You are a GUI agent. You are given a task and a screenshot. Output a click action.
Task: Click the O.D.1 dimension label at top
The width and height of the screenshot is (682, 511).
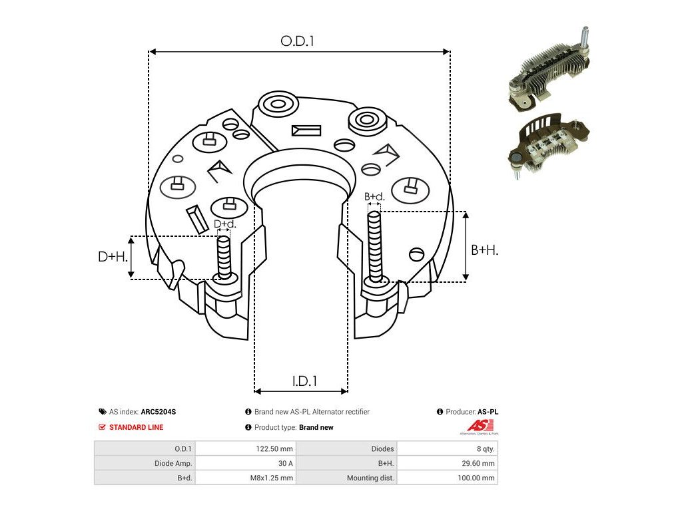297,41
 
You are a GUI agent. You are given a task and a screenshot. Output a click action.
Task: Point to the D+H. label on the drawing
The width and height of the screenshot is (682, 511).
113,256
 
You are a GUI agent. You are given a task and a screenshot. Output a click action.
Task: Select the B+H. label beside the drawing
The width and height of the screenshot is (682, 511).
485,250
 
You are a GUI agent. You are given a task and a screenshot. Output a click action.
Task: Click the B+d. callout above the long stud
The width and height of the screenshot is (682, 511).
375,197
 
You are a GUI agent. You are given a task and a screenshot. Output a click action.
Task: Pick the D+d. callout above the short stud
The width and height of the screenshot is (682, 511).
224,224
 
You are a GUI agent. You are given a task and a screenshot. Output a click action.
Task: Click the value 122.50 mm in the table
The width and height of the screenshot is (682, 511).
274,448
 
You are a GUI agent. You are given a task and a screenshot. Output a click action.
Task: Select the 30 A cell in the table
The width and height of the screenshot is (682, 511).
284,463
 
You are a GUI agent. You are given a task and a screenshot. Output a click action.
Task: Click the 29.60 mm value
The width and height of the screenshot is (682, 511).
478,463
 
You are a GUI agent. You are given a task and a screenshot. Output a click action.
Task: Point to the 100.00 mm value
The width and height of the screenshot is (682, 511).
477,478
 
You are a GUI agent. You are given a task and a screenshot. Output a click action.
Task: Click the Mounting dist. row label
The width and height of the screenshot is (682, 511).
370,478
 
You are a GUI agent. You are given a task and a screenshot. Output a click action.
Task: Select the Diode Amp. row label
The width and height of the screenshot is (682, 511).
173,463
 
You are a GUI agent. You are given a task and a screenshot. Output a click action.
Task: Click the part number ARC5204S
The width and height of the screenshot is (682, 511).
159,412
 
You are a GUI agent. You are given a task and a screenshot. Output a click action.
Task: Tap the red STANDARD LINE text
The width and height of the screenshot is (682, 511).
136,427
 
